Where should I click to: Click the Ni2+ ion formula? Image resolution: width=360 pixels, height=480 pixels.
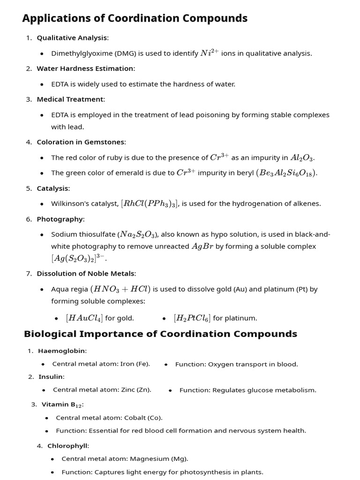coord(210,53)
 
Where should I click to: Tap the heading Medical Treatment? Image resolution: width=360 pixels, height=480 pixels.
coord(70,99)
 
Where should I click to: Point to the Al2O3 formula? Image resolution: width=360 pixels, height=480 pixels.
coord(302,158)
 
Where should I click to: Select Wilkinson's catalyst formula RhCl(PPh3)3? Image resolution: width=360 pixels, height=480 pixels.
coord(150,203)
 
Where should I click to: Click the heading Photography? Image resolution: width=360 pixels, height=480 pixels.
coord(60,219)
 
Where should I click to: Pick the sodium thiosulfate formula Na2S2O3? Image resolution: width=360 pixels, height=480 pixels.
coord(138,234)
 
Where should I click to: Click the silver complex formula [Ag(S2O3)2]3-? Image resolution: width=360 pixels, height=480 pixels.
coord(78,258)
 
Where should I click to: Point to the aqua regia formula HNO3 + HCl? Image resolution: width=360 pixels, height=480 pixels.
coord(120,289)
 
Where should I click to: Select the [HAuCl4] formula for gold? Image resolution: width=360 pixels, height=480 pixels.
coord(84,318)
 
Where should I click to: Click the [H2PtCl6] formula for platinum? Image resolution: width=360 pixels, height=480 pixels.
coord(192,318)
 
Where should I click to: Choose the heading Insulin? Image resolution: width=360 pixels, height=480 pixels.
coord(51,376)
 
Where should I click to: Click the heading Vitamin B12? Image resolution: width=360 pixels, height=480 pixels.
coord(62,404)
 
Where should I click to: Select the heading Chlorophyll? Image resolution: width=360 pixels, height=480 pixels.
coord(67,446)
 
